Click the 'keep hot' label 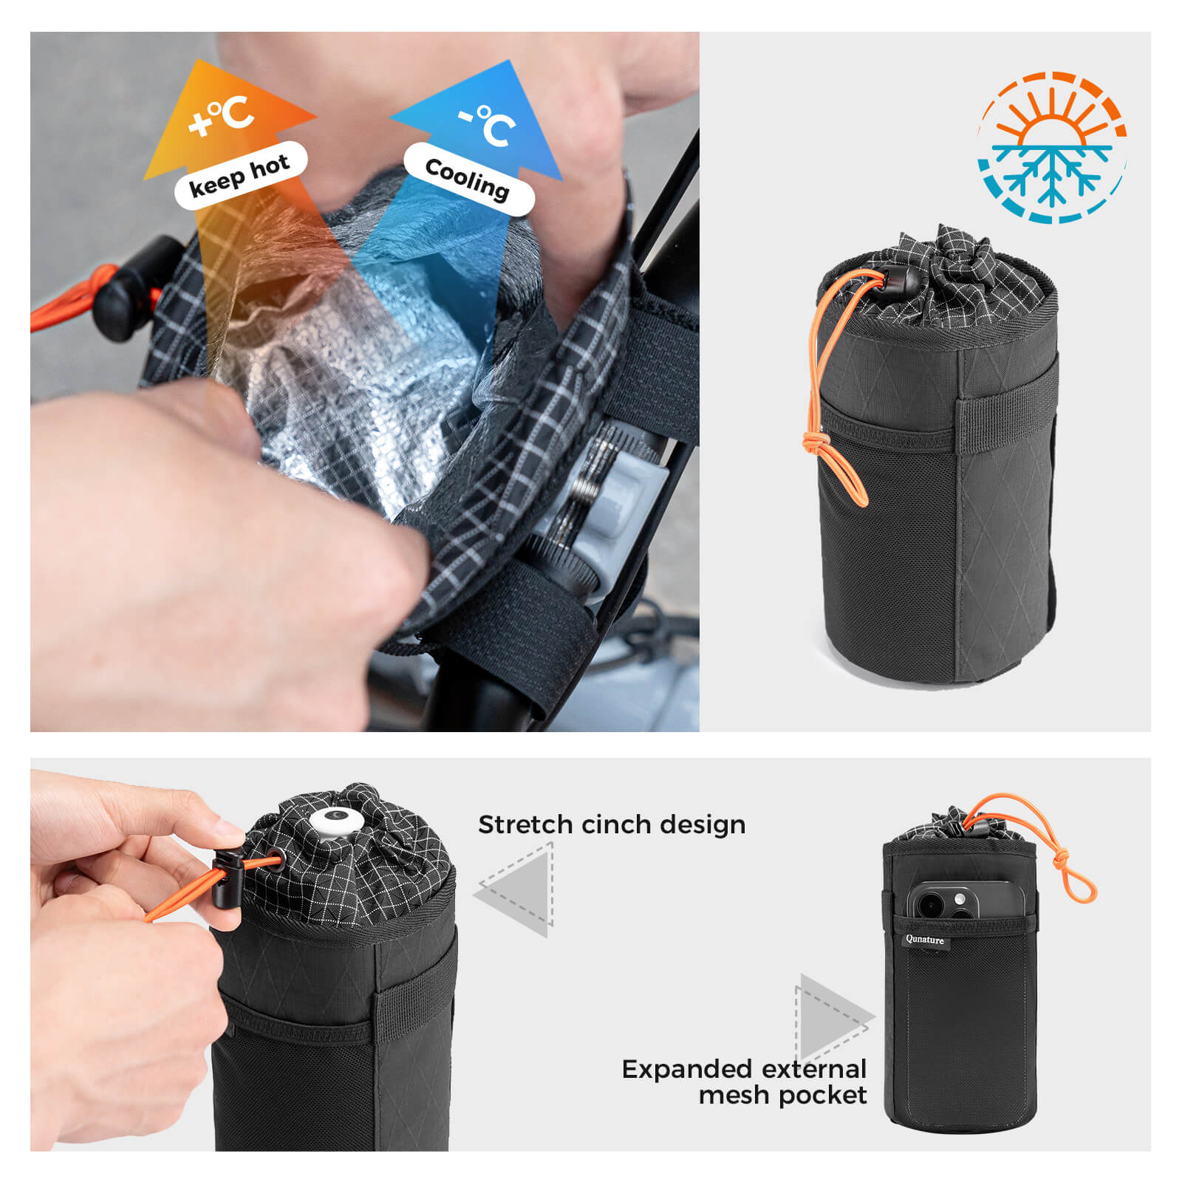(240, 176)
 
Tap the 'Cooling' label (468, 179)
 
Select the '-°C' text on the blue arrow (487, 124)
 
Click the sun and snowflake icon (1052, 147)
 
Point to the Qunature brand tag (925, 940)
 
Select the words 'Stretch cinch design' (612, 824)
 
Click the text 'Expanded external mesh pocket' (744, 1082)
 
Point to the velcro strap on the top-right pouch (1008, 424)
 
